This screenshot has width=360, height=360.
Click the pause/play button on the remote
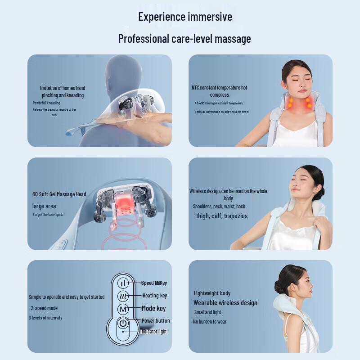point(123,283)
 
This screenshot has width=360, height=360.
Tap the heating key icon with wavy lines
point(123,296)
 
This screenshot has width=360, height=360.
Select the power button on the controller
point(123,323)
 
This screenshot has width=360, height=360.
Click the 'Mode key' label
point(154,308)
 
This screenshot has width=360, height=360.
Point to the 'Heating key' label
point(154,296)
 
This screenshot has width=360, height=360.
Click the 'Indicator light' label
point(153,332)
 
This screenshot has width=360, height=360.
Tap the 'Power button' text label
point(156,321)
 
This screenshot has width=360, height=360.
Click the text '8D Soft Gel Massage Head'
point(59,194)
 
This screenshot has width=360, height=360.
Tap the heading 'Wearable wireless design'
point(225,303)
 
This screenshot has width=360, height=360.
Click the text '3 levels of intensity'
point(45,318)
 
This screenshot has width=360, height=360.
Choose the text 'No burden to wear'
point(210,322)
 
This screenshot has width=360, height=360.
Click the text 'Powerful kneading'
point(46,103)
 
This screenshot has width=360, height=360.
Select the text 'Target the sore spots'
point(48,215)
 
